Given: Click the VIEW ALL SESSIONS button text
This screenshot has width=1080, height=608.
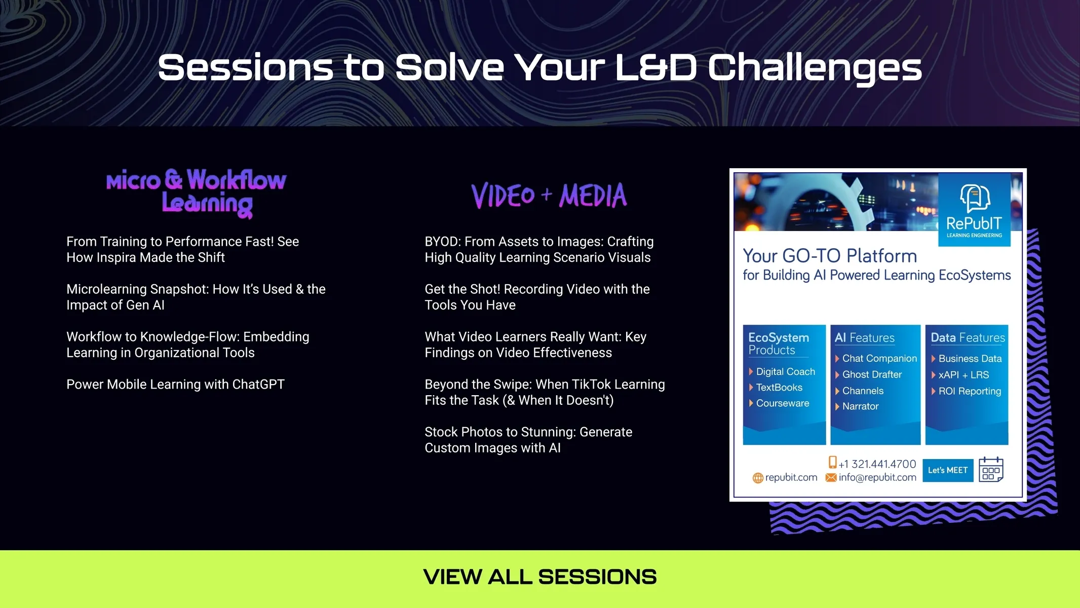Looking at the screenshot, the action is click(540, 577).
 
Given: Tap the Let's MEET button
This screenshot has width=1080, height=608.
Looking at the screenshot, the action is click(948, 470).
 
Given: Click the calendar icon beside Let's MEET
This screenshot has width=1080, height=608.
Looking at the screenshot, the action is click(991, 470).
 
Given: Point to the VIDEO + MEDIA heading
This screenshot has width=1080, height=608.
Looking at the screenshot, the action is click(549, 196).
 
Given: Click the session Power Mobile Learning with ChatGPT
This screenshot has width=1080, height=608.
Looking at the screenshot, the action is click(175, 385).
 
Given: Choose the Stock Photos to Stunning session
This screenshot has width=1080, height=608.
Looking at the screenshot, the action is click(528, 440).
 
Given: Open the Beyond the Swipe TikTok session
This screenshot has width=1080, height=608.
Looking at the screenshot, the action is click(545, 392).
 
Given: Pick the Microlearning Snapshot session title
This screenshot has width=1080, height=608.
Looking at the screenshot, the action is click(196, 297).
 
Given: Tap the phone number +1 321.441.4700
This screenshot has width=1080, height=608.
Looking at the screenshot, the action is click(877, 464).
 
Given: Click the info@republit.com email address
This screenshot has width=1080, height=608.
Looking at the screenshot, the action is click(877, 477).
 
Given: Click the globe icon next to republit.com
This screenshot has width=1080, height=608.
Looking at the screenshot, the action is click(758, 478).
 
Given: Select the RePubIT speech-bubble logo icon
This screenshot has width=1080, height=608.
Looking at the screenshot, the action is click(975, 198).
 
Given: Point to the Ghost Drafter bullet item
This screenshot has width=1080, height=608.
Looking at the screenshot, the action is click(872, 374).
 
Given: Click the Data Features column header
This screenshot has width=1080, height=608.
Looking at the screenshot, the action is click(968, 337).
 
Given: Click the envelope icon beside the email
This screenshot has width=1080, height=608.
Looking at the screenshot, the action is click(831, 477).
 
